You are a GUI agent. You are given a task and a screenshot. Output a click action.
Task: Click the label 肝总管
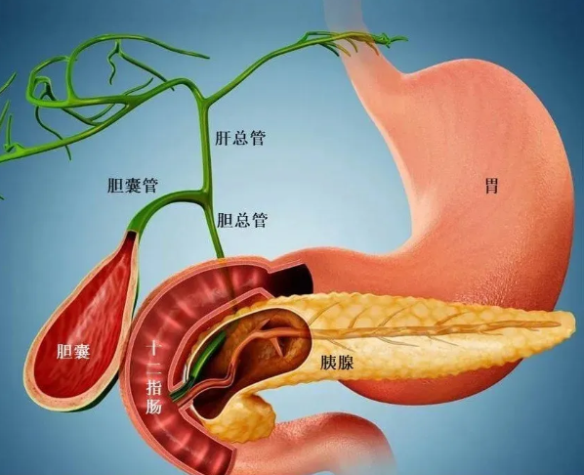point(240,138)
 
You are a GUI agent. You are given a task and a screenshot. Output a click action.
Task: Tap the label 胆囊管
point(133,185)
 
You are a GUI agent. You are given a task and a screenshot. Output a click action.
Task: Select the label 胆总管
point(242,220)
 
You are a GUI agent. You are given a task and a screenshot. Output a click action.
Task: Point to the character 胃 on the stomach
point(491,186)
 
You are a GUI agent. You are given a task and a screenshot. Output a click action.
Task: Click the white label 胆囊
point(73,351)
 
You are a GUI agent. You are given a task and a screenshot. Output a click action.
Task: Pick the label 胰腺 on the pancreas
point(337,362)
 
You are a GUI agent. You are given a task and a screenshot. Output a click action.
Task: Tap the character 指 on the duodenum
point(153,387)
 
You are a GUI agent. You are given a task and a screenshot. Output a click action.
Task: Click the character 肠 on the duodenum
point(153,406)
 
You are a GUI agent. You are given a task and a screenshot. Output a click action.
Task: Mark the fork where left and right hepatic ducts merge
point(203,99)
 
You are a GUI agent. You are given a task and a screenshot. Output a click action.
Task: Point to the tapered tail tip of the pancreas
point(571,325)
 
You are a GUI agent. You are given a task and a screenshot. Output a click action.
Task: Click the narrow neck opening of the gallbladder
point(132,235)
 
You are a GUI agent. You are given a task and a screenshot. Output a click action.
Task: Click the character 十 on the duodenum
point(153,349)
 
